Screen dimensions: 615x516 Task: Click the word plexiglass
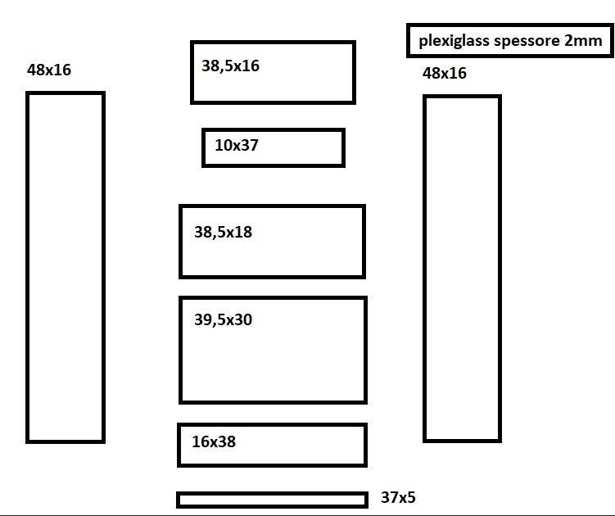point(454,41)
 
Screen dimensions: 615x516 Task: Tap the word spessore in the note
point(527,41)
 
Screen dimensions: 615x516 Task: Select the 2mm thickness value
point(583,40)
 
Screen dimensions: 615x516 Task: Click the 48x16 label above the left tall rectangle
point(49,70)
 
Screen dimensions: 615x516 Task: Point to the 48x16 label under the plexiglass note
point(445,73)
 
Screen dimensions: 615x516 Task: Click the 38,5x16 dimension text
point(230,66)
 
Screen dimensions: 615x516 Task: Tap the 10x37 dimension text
point(237,145)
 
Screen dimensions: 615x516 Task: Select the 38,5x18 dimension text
point(223,232)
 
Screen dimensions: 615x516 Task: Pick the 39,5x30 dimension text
point(223,319)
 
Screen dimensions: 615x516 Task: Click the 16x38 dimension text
point(214,441)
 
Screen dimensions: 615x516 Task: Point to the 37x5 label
point(398,497)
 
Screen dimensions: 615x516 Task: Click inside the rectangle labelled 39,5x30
point(273,361)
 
